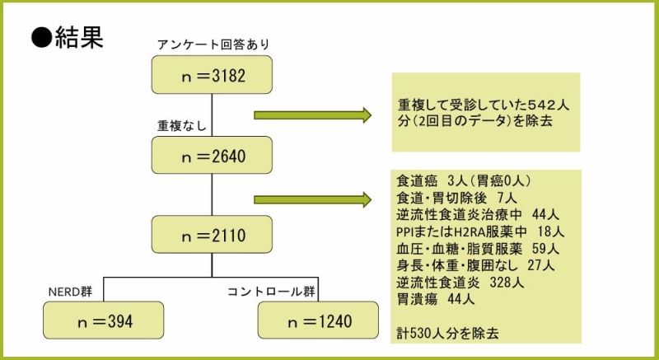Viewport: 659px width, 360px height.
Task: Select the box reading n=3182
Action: pyautogui.click(x=212, y=75)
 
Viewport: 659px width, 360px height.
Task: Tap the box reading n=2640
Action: pyautogui.click(x=212, y=154)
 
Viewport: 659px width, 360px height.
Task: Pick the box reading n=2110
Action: pyautogui.click(x=212, y=235)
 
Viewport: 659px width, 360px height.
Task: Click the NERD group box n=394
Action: pyautogui.click(x=103, y=320)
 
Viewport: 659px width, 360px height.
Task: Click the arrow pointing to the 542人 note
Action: pyautogui.click(x=313, y=115)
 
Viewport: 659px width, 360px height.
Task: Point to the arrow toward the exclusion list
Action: pyautogui.click(x=313, y=199)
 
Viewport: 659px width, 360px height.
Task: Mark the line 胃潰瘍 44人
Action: pyautogui.click(x=437, y=299)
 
